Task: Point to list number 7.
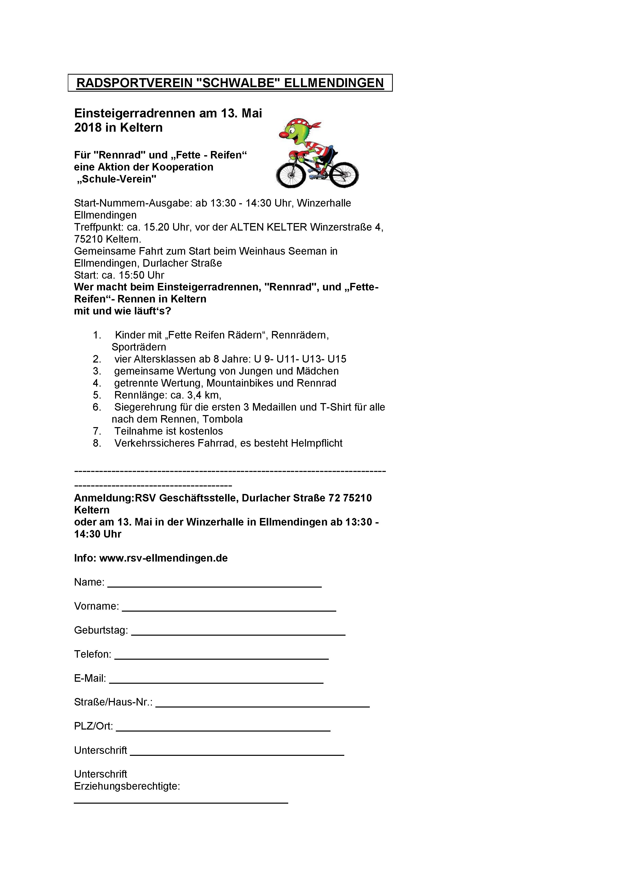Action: pos(97,431)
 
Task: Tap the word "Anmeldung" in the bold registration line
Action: pos(104,498)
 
